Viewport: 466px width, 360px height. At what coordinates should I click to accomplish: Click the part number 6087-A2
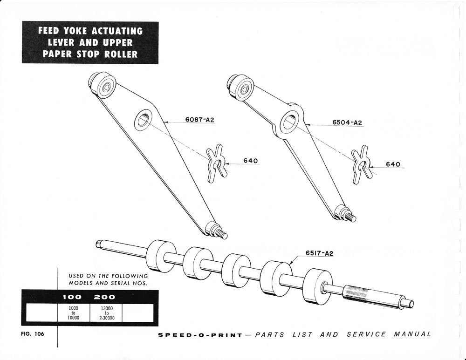point(200,120)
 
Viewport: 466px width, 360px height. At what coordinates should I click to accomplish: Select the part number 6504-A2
point(347,122)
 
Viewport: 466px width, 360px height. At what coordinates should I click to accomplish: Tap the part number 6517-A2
point(320,253)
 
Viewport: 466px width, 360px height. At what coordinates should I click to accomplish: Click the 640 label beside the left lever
point(251,161)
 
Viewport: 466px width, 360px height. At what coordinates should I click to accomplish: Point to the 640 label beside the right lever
point(393,164)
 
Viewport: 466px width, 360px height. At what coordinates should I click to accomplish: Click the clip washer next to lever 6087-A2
point(216,163)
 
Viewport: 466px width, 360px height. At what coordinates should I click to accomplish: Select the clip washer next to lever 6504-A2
point(361,165)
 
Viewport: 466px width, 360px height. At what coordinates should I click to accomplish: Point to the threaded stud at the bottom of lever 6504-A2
point(349,216)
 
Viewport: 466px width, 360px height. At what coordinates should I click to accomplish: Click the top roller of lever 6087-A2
point(103,85)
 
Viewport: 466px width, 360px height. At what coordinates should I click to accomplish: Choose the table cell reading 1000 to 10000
point(74,313)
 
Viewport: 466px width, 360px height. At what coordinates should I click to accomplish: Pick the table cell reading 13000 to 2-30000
point(107,313)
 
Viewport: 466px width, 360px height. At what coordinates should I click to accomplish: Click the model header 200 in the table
point(104,297)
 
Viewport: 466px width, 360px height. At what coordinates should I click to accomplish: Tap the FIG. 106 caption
point(33,334)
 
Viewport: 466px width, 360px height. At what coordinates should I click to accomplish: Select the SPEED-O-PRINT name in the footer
point(200,335)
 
